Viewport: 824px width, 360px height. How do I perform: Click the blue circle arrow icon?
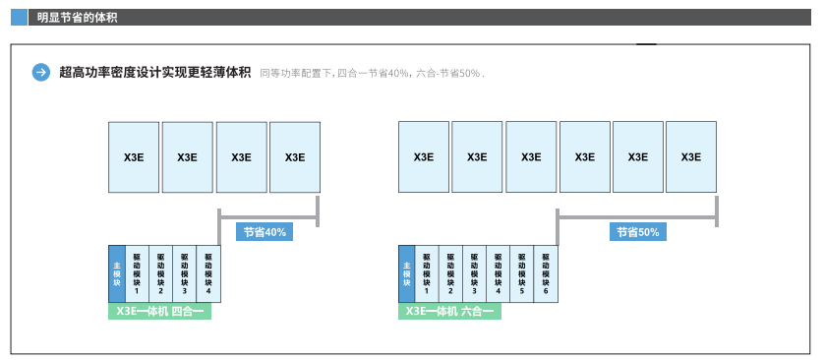pyautogui.click(x=41, y=72)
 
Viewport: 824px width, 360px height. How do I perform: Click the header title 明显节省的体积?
pyautogui.click(x=78, y=17)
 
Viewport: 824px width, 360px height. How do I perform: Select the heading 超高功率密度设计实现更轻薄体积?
pyautogui.click(x=154, y=72)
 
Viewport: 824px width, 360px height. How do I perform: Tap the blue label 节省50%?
pyautogui.click(x=638, y=232)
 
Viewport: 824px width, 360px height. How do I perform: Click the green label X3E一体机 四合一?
pyautogui.click(x=159, y=312)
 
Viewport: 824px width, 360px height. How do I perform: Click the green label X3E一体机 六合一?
pyautogui.click(x=449, y=312)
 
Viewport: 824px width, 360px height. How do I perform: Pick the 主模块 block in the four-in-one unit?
pyautogui.click(x=117, y=273)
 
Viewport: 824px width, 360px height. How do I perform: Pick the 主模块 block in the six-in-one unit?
pyautogui.click(x=406, y=273)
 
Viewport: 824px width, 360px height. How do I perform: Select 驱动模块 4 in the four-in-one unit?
pyautogui.click(x=208, y=273)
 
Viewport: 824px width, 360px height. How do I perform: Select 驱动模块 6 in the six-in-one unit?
pyautogui.click(x=546, y=273)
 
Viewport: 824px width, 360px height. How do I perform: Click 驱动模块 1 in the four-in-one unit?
pyautogui.click(x=137, y=273)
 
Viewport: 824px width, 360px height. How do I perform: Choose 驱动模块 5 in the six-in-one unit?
pyautogui.click(x=522, y=273)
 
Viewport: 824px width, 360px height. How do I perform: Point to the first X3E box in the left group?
pyautogui.click(x=134, y=156)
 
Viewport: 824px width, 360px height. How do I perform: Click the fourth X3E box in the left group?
pyautogui.click(x=294, y=156)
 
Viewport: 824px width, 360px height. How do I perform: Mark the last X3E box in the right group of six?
pyautogui.click(x=691, y=156)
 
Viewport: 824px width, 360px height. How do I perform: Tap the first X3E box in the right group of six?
pyautogui.click(x=424, y=156)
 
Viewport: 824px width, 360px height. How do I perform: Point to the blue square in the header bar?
pyautogui.click(x=19, y=17)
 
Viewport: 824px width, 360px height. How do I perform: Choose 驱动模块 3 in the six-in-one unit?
pyautogui.click(x=474, y=273)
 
